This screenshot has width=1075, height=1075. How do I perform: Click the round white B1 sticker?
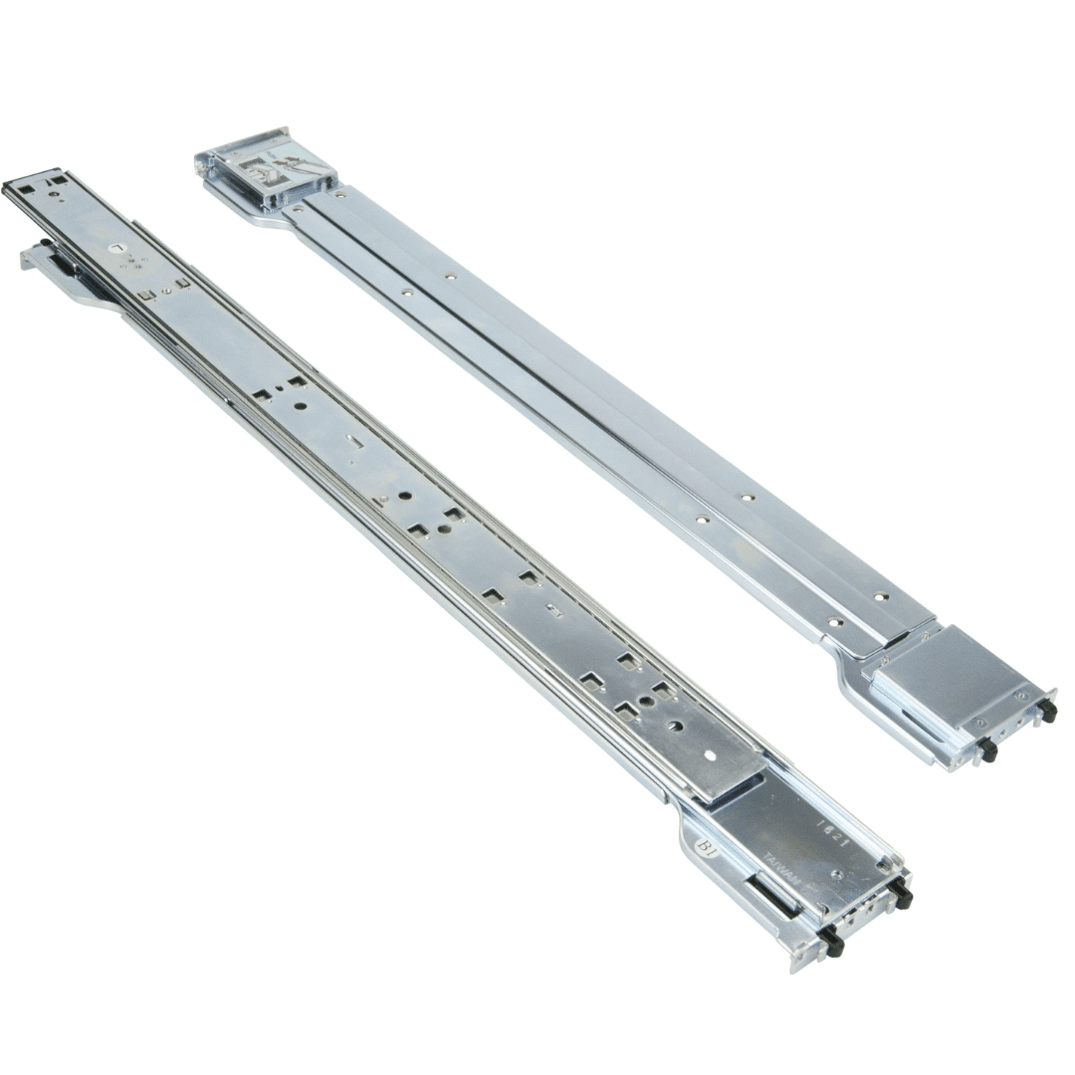point(709,847)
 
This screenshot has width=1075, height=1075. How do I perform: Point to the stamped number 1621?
point(831,834)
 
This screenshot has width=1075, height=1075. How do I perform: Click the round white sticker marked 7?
point(118,247)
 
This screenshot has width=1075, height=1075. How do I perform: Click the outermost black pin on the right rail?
point(1046,712)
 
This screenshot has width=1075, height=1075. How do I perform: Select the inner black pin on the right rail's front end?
point(986,750)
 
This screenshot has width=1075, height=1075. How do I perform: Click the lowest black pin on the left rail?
point(832,943)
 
